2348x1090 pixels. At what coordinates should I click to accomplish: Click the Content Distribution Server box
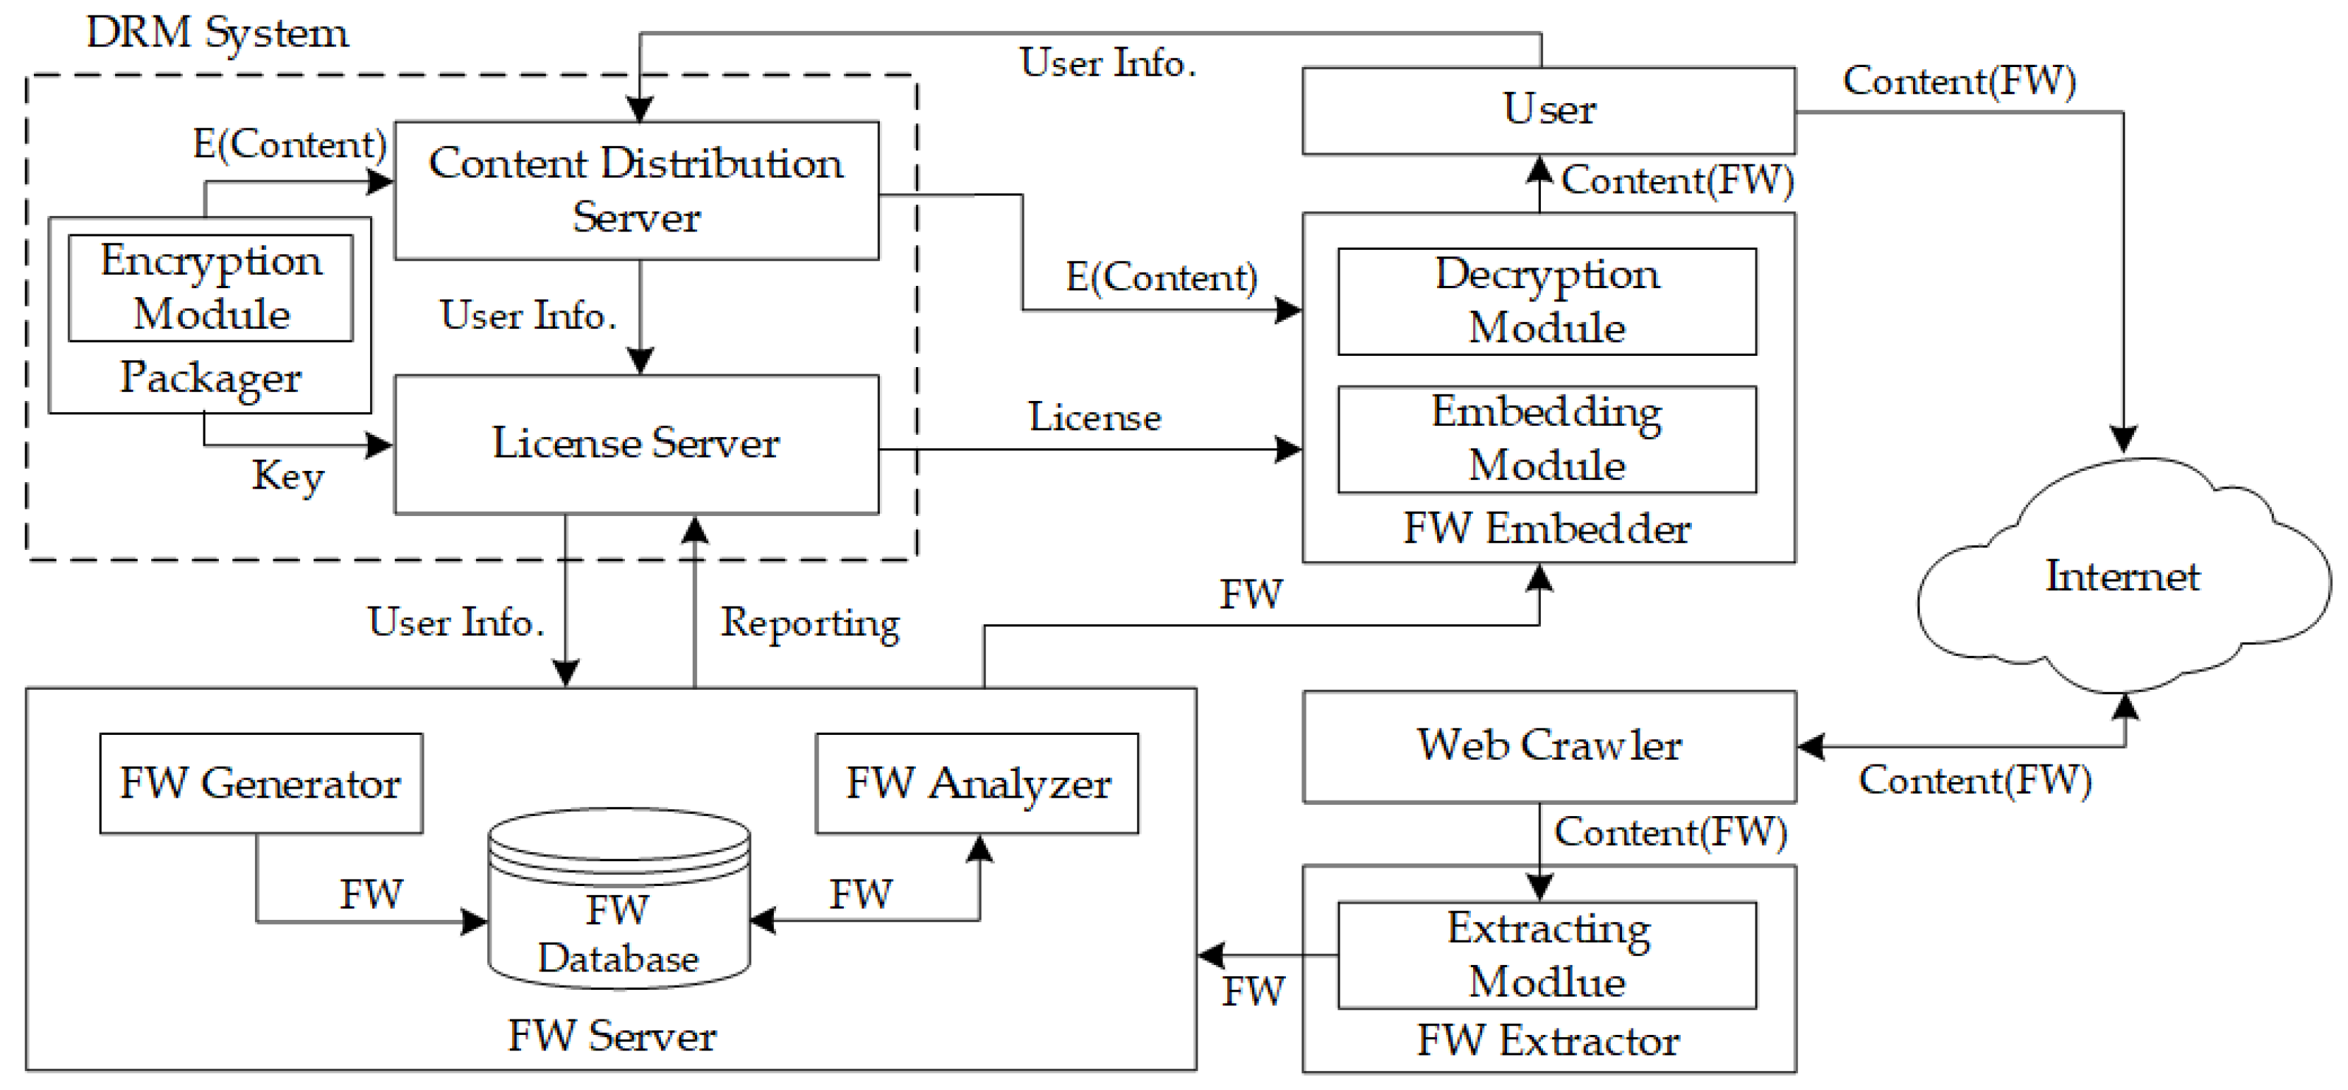pos(636,190)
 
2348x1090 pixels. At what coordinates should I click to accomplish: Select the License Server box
pos(636,444)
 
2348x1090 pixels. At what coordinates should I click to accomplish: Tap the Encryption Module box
pos(210,287)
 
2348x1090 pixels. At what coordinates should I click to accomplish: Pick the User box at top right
pos(1548,109)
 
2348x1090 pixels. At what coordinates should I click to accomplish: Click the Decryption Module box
pos(1547,301)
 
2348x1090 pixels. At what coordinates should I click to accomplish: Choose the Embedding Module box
pos(1547,438)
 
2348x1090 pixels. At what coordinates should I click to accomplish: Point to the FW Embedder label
pos(1547,529)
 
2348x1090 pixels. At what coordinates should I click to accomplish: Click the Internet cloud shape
pos(2122,577)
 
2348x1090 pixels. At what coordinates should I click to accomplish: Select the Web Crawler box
pos(1549,745)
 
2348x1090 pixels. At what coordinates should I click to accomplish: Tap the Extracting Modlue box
pos(1547,954)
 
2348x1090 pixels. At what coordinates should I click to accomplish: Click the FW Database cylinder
pos(619,911)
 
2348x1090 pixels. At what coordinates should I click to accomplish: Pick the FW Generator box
pos(261,783)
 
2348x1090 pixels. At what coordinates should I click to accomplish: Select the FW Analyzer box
pos(977,783)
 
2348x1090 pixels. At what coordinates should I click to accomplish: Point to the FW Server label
pos(612,1036)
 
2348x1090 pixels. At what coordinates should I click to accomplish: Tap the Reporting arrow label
pos(809,623)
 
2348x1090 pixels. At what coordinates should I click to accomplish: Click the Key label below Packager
pos(288,476)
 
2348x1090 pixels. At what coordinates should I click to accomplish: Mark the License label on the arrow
pos(1095,417)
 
